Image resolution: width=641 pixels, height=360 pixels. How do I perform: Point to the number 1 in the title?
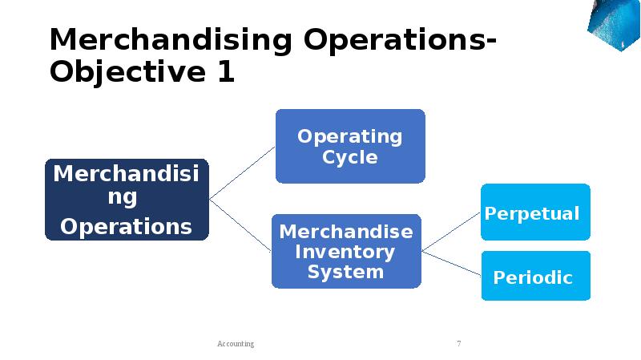point(225,72)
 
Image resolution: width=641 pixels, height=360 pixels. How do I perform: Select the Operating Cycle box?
point(350,146)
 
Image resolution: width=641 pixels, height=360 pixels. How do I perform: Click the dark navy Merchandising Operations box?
point(127,200)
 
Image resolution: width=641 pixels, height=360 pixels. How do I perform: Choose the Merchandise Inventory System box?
point(346,251)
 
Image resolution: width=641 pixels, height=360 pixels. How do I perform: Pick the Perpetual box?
point(535,212)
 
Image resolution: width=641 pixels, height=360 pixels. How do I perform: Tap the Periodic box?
point(535,277)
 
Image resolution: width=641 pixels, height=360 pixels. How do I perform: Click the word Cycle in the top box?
point(350,157)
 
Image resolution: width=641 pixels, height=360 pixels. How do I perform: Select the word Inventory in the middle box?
point(346,252)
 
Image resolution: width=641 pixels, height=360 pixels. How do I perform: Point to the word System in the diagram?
point(346,272)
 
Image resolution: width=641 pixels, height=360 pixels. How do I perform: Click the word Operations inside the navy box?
point(127,227)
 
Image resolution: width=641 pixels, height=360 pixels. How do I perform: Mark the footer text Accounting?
point(236,344)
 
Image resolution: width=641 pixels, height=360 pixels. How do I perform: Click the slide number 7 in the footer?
point(458,344)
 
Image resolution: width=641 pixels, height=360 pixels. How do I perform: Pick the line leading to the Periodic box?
point(451,265)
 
